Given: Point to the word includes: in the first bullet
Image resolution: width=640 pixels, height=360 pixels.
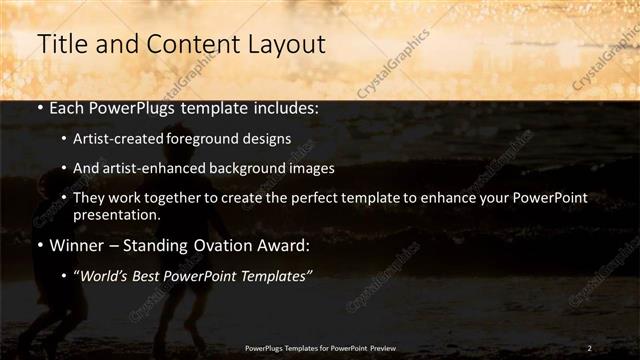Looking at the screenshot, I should click(284, 107).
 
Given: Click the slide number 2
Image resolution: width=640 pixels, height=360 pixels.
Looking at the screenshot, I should click(590, 347).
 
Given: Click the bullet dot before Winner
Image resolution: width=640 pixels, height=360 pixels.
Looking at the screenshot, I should click(38, 245).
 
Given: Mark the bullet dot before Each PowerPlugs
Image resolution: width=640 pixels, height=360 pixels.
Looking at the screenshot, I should click(38, 107).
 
